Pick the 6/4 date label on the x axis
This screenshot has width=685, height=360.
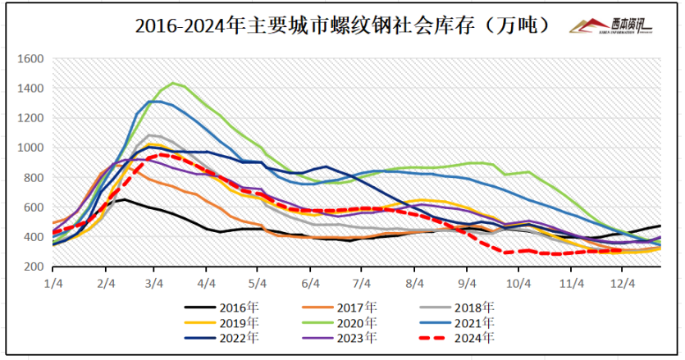[x=311, y=283]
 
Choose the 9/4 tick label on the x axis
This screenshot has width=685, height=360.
[x=467, y=283]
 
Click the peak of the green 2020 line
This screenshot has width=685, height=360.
[x=173, y=83]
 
